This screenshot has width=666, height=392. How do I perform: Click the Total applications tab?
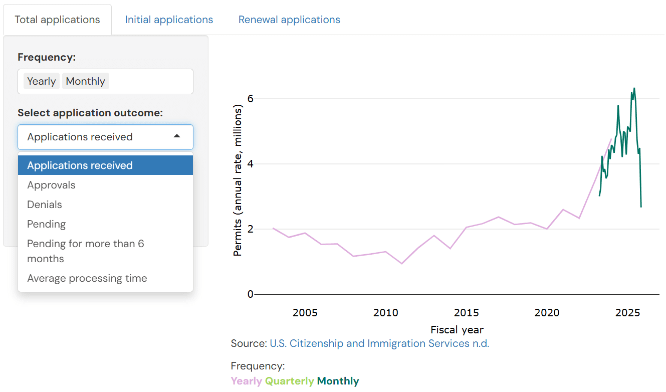(57, 20)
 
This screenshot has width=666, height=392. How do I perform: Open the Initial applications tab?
(169, 20)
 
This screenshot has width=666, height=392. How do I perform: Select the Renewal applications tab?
(289, 20)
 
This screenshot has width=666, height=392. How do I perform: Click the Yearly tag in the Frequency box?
(41, 81)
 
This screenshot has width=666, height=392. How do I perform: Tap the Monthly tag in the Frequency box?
(85, 81)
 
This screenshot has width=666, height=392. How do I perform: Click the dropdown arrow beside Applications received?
(177, 136)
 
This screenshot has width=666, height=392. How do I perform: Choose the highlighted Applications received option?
(80, 165)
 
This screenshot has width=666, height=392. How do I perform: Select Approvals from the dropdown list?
(51, 185)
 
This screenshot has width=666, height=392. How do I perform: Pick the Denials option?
(45, 205)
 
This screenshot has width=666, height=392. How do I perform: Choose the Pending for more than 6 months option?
(85, 251)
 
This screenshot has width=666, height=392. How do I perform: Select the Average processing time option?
(87, 278)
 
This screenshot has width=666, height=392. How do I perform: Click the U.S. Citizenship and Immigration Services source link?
(379, 343)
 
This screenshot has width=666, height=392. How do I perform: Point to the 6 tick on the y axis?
(251, 99)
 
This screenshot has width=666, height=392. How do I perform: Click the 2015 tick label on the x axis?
(466, 313)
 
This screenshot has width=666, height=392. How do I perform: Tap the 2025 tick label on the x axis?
(627, 313)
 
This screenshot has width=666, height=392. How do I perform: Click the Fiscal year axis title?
(457, 329)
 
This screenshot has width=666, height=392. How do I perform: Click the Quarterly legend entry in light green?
(289, 381)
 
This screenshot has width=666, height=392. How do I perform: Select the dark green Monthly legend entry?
(338, 381)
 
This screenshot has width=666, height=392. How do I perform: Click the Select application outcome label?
(90, 113)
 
